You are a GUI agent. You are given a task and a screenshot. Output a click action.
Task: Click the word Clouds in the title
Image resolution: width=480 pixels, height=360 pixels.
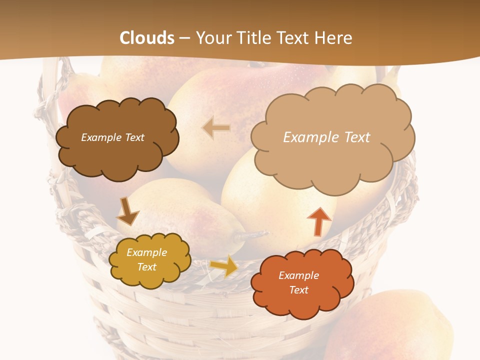(147, 38)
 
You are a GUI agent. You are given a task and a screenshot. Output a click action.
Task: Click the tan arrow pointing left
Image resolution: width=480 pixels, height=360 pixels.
(216, 128)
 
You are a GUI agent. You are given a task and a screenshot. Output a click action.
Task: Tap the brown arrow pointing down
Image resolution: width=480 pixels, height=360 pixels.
(127, 211)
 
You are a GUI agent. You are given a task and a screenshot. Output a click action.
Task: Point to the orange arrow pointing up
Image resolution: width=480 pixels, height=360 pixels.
(319, 221)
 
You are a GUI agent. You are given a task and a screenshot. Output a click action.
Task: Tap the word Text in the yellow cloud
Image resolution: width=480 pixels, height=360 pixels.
(147, 267)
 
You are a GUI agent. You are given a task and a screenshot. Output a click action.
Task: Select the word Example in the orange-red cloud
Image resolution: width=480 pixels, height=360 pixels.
(298, 275)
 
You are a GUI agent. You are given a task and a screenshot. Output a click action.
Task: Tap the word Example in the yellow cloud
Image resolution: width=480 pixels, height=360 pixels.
(147, 252)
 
